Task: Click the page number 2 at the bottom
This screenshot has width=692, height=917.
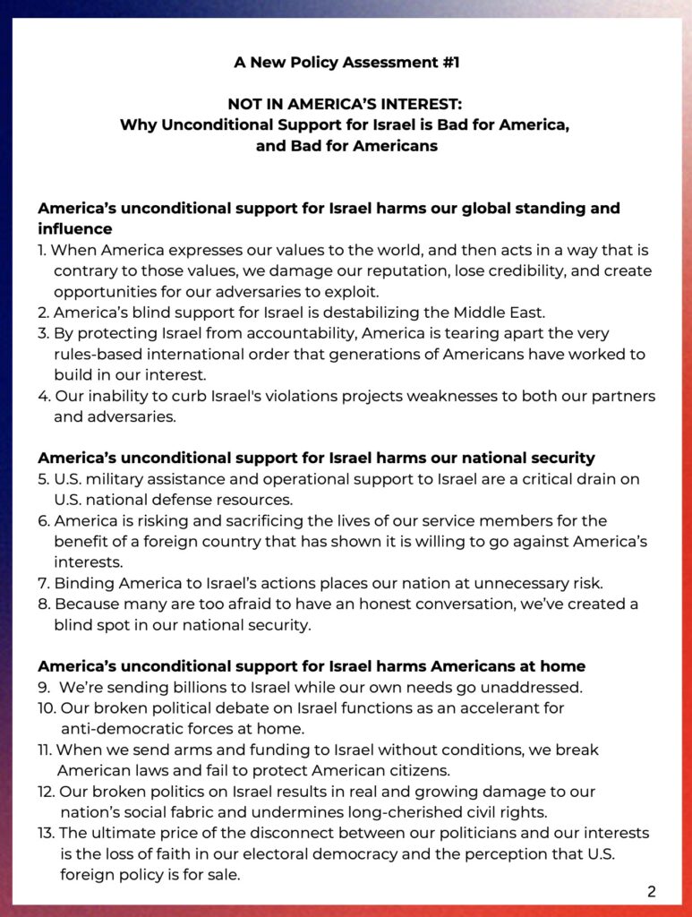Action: click(651, 892)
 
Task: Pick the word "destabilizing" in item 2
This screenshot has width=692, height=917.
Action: click(375, 313)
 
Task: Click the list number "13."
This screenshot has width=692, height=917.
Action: click(47, 834)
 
